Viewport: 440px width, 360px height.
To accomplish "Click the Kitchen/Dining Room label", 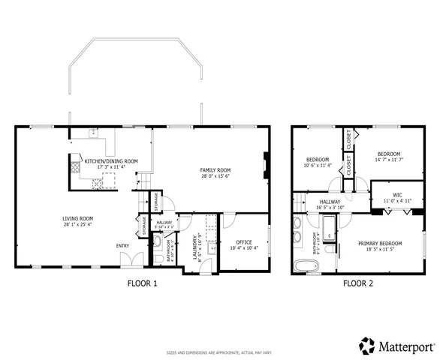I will (x=110, y=161).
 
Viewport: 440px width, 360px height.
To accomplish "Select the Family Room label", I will (x=214, y=169).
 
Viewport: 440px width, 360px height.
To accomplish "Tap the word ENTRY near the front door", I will (x=122, y=246).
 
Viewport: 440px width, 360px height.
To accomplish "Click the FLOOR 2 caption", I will (x=357, y=284).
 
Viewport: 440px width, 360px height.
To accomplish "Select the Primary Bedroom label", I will (x=379, y=243).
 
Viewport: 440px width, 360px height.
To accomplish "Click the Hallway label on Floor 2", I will (x=330, y=202).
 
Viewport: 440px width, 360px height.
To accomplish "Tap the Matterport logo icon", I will (x=367, y=346).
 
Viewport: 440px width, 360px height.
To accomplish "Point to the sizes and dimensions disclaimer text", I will (x=218, y=352).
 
